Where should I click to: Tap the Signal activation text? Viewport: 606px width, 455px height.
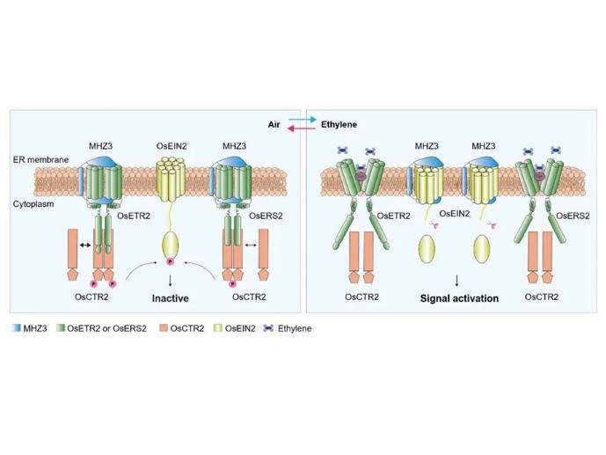[458, 298]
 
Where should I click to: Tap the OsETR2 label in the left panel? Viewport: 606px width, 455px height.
[132, 214]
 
